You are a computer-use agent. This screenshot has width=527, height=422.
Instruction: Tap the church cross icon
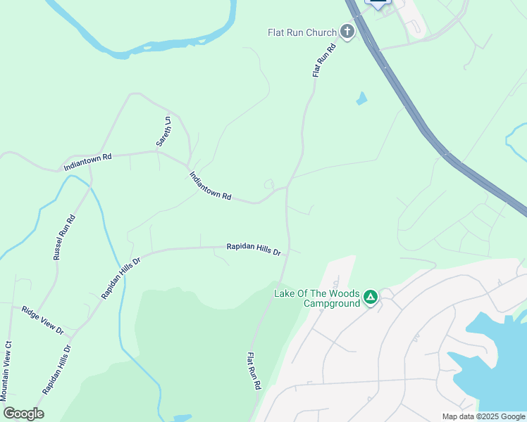[x=347, y=32]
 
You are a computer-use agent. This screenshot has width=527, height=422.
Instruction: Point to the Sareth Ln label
[x=163, y=132]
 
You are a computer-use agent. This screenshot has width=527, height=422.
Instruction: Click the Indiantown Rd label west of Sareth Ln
[x=87, y=162]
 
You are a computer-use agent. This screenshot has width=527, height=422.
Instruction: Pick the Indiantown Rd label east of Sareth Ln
[x=210, y=185]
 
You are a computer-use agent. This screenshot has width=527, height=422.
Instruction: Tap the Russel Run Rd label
[x=65, y=237]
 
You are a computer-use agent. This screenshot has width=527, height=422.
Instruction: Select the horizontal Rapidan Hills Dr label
[x=254, y=249]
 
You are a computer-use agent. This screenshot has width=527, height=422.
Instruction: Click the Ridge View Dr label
[x=42, y=320]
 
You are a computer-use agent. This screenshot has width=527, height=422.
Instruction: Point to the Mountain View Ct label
[x=8, y=370]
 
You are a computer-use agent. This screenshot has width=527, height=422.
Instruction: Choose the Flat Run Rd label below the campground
[x=254, y=371]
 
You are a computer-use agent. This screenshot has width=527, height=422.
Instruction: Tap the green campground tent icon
[x=371, y=298]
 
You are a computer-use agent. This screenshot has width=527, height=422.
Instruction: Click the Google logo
[x=23, y=413]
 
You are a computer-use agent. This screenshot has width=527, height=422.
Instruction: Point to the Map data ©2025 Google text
[x=483, y=416]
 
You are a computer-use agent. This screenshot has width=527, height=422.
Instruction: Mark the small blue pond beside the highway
[x=361, y=98]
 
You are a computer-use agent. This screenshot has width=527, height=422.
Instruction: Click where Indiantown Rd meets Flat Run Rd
[x=287, y=188]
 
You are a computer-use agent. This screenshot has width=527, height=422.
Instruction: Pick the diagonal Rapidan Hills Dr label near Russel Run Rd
[x=120, y=278]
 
